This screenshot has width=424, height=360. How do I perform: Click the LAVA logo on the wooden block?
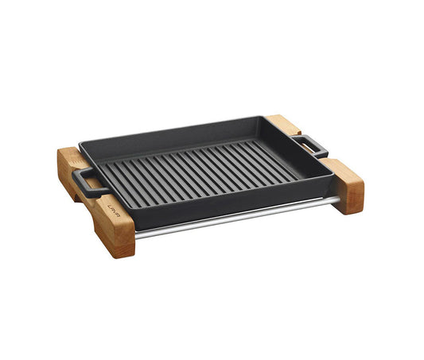tap(114, 209)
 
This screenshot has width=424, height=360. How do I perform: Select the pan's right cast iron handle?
tap(311, 146)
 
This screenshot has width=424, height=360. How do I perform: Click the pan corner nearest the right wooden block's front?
tap(332, 176)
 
